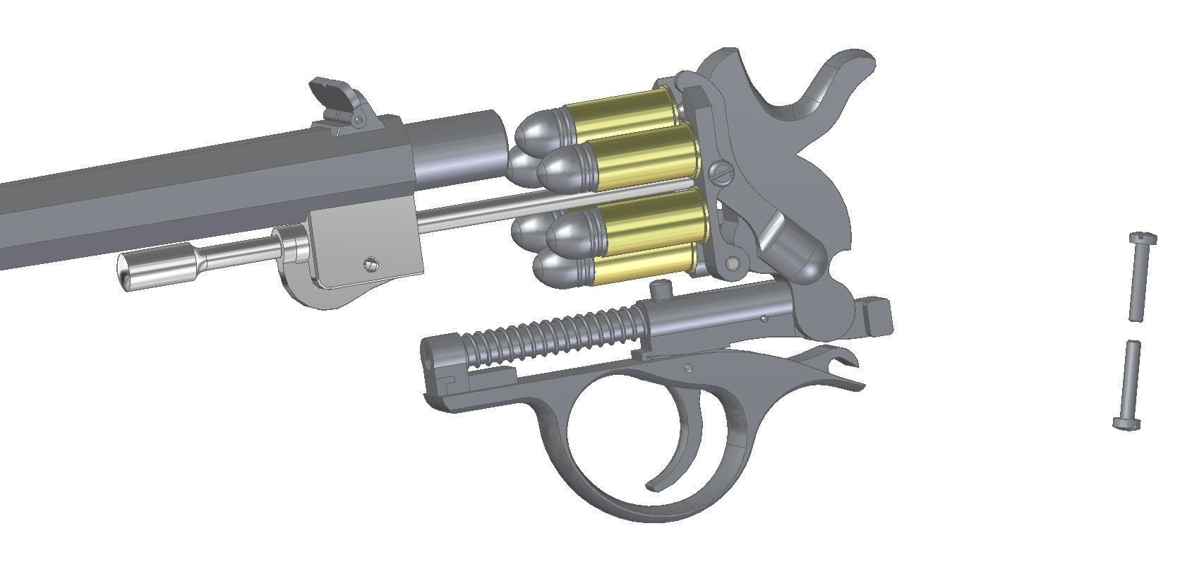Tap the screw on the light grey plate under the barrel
point(370,263)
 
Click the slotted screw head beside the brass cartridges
point(721,172)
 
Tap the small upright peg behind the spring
point(660,289)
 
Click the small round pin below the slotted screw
point(733,263)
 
